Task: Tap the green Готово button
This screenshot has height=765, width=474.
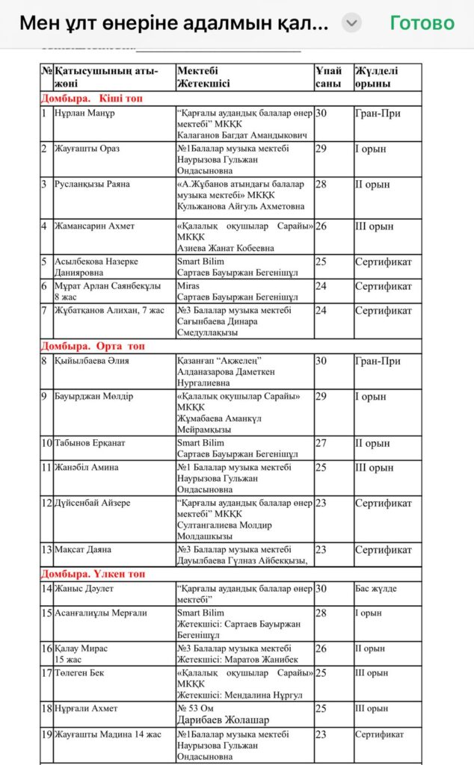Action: tap(422, 23)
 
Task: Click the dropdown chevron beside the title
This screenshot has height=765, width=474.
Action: tap(351, 23)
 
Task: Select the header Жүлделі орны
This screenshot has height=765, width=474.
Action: tap(377, 77)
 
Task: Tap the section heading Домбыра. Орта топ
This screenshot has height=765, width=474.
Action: tap(93, 346)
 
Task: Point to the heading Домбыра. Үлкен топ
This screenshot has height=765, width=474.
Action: tap(93, 574)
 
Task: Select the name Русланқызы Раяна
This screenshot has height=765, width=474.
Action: tap(92, 184)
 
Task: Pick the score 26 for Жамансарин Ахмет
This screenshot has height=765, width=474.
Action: tap(321, 226)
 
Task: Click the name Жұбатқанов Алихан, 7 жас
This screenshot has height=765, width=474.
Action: tap(109, 310)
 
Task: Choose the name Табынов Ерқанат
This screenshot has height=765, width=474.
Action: tap(90, 443)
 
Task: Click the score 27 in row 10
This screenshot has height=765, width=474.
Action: tap(321, 443)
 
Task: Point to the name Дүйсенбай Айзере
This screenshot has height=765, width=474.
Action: tap(92, 503)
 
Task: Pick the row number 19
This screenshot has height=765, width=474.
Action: tap(46, 734)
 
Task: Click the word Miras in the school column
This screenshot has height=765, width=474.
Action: tap(188, 286)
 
